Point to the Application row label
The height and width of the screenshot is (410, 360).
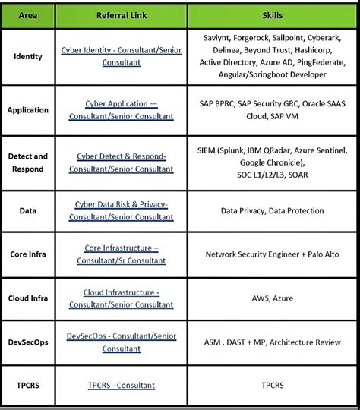(x=27, y=110)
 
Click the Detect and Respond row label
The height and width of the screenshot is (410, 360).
(x=28, y=162)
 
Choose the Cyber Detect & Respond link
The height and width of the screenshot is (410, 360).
(x=121, y=162)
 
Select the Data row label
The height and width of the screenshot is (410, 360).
(x=27, y=211)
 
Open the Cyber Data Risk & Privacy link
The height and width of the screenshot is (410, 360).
(x=121, y=210)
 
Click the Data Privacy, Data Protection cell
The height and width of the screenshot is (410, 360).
(x=271, y=211)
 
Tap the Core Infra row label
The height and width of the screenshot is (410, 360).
(x=28, y=254)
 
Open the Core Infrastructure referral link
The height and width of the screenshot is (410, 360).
(x=121, y=254)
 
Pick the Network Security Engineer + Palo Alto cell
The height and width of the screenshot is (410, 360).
(x=271, y=254)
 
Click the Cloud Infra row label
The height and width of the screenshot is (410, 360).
(x=28, y=298)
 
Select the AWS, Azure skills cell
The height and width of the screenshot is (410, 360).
(x=271, y=298)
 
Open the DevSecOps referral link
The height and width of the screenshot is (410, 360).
(x=121, y=342)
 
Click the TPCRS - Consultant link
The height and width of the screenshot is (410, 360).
(x=122, y=386)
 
